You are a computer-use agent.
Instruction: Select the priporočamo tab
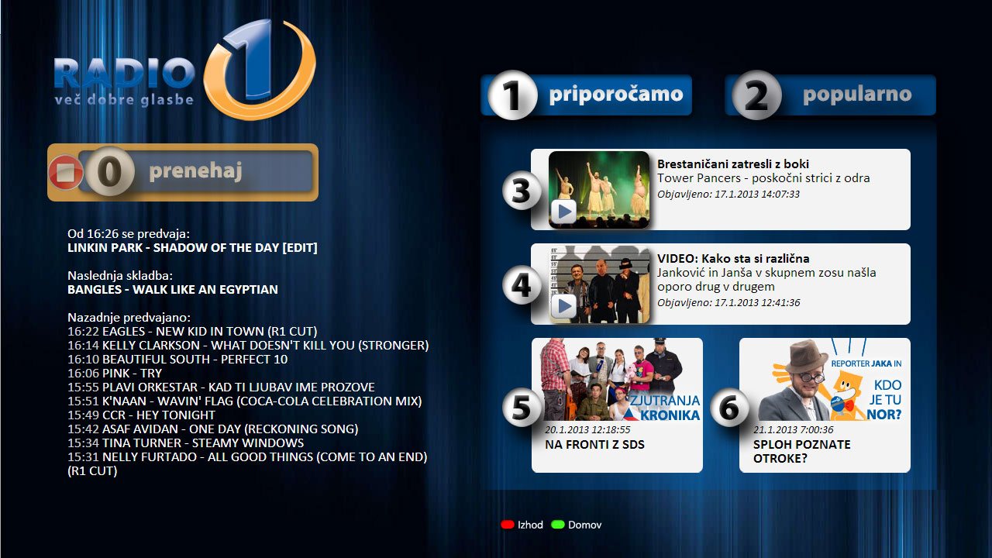coord(587,95)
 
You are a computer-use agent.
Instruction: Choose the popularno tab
coord(831,95)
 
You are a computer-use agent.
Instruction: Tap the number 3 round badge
coord(521,191)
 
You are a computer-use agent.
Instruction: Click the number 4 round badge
coord(521,285)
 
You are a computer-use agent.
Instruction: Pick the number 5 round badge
coord(521,407)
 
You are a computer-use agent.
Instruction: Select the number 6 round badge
coord(728,407)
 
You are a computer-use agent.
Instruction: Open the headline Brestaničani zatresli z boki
coord(732,164)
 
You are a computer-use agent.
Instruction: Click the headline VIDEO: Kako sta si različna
coord(733,258)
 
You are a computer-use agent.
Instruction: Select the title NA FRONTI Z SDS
coord(594,445)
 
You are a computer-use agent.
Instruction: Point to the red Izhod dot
coord(508,525)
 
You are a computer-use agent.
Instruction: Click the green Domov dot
coord(558,525)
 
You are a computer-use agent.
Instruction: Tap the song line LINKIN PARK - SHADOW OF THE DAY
coord(192,248)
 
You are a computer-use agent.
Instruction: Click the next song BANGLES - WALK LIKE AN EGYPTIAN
coord(172,290)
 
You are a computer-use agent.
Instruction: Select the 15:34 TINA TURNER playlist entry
coord(185,443)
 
